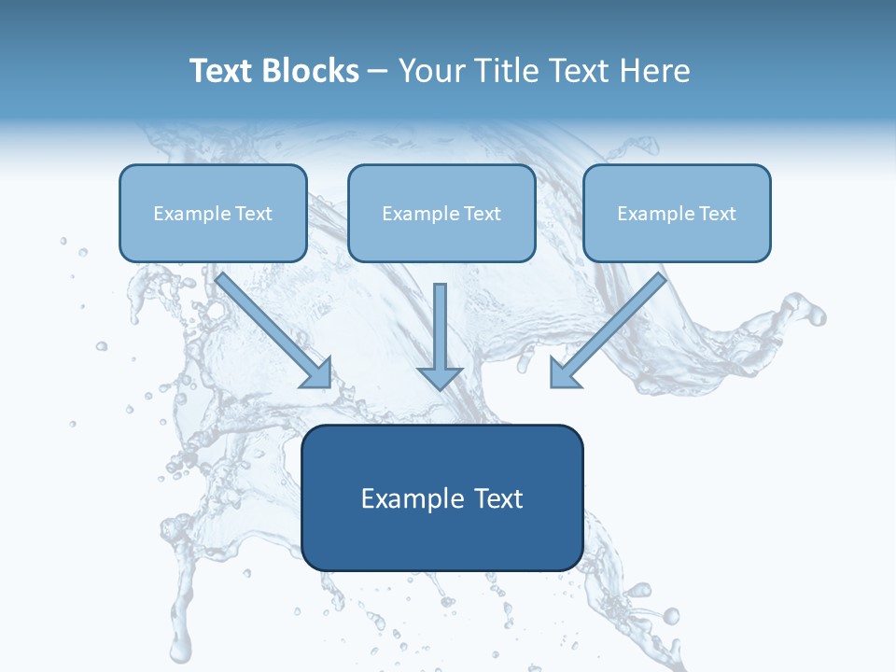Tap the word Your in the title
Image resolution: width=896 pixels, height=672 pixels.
(428, 71)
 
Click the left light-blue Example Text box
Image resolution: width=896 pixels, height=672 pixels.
(213, 213)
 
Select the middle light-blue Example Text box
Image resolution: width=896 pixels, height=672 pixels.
(441, 213)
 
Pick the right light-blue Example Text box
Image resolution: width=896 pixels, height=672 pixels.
(677, 213)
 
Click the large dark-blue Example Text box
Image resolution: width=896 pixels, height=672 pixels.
(441, 497)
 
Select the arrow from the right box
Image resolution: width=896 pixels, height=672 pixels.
(610, 329)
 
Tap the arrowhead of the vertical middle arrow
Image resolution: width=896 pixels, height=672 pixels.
(440, 378)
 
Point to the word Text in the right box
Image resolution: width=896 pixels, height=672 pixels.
(717, 214)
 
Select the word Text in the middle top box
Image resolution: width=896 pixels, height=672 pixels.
(482, 214)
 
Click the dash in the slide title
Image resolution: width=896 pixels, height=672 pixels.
(378, 72)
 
